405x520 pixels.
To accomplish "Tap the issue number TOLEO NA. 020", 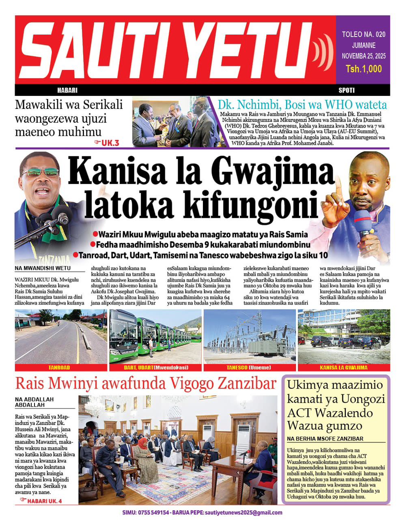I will (x=363, y=34).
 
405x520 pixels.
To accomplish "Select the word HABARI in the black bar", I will (x=67, y=90).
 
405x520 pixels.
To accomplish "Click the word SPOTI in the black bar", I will (x=346, y=90).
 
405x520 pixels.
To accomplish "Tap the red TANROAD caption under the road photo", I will (x=59, y=368).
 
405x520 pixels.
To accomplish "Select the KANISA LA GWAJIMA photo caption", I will (x=344, y=368).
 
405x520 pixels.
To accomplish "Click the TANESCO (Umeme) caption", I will (x=249, y=368).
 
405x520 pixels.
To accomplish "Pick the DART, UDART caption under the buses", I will (x=156, y=368).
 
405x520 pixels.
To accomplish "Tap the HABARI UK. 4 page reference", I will (x=42, y=501).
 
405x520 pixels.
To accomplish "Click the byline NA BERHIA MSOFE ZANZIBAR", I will (x=325, y=439).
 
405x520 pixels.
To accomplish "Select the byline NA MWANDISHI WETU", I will (x=43, y=269).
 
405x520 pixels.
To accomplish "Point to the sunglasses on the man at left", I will (x=41, y=173).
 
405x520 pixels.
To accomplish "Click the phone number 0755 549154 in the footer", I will (x=155, y=513).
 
